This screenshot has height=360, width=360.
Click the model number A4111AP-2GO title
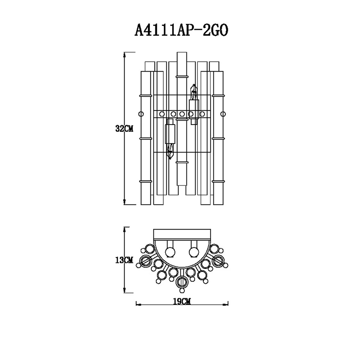(181, 30)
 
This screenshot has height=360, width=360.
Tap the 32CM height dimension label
(124, 129)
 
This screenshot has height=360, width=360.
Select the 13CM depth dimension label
(124, 260)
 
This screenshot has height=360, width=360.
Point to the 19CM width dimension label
(182, 301)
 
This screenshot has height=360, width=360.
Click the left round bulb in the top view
(170, 252)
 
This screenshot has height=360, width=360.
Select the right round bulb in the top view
(194, 252)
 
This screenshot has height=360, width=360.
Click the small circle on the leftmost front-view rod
(141, 114)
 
